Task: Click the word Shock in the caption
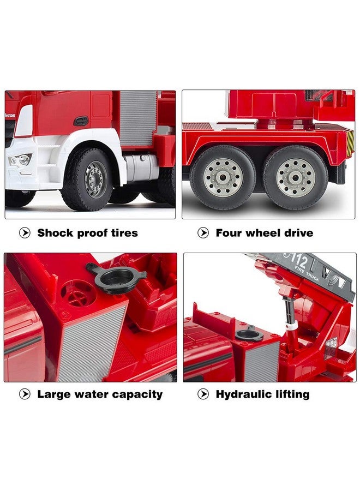point(55,233)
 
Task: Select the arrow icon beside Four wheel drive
point(203,233)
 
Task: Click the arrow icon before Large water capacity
point(25,394)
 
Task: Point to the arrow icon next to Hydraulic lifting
point(203,394)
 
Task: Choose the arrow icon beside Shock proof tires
point(25,233)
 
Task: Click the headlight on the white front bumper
point(20,160)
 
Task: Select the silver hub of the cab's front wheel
point(96,179)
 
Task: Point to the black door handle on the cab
point(81,121)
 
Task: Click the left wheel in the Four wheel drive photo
point(223,177)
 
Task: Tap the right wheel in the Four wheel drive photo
point(295,177)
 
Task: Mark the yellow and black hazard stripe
point(350,142)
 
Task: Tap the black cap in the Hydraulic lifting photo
point(249,333)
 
